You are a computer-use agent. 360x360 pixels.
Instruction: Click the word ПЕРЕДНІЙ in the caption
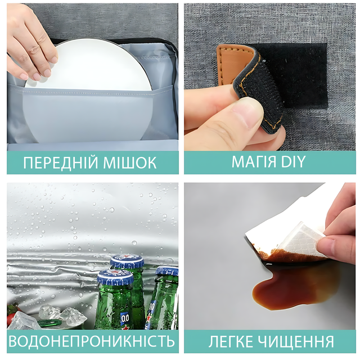pos(61,163)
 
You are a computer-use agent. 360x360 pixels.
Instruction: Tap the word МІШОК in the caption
pos(130,163)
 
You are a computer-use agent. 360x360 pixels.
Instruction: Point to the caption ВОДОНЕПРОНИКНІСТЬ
pos(92,341)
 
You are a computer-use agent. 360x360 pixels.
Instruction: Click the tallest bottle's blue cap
pos(127,262)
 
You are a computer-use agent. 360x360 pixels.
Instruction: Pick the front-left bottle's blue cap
pos(115,277)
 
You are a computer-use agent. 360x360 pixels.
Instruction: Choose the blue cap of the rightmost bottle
pos(167,271)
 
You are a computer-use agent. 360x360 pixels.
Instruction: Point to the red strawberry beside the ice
pos(12,313)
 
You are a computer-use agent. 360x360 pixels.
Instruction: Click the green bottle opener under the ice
pos(49,323)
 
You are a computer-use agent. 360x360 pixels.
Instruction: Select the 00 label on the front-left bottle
pos(125,319)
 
